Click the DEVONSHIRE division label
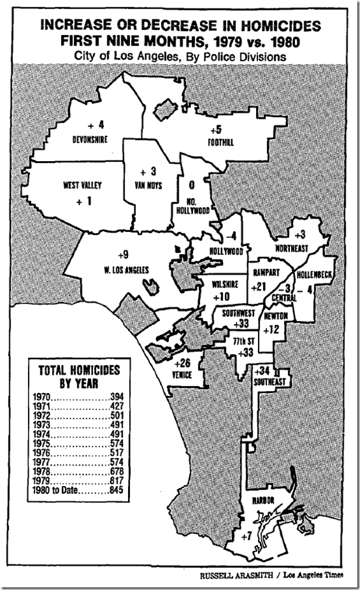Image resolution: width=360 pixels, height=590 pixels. (x=89, y=139)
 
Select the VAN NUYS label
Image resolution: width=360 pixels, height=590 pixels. (x=148, y=185)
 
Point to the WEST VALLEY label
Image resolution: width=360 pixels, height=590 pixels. (x=83, y=185)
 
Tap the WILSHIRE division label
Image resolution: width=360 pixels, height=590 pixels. (x=214, y=284)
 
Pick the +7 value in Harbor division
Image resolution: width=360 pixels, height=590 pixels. (x=246, y=537)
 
